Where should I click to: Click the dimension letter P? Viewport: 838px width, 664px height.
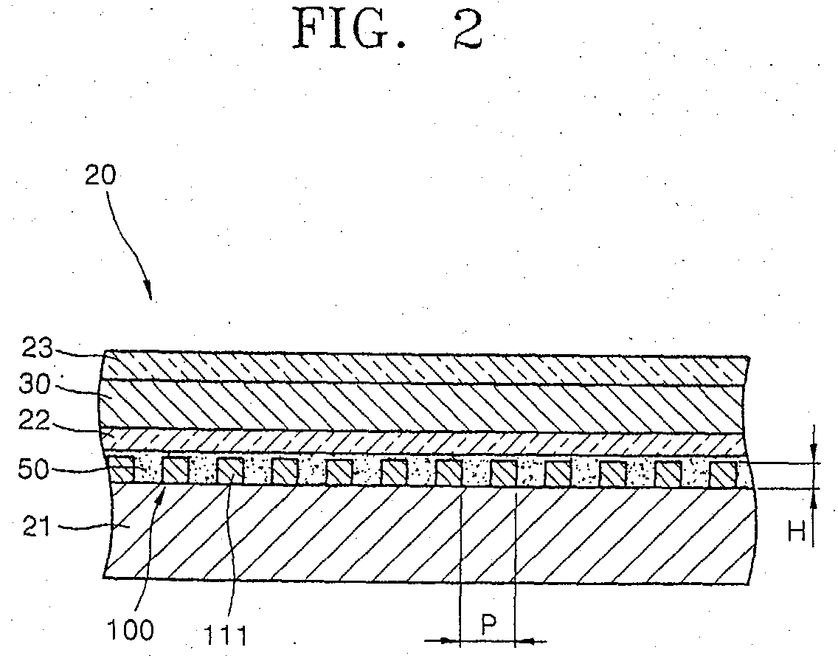(488, 626)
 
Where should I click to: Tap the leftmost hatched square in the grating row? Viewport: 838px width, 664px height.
(121, 470)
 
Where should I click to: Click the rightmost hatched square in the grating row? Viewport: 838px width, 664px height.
(722, 474)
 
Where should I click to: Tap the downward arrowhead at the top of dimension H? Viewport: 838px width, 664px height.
(814, 453)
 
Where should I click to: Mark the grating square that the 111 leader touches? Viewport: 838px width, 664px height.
(230, 470)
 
